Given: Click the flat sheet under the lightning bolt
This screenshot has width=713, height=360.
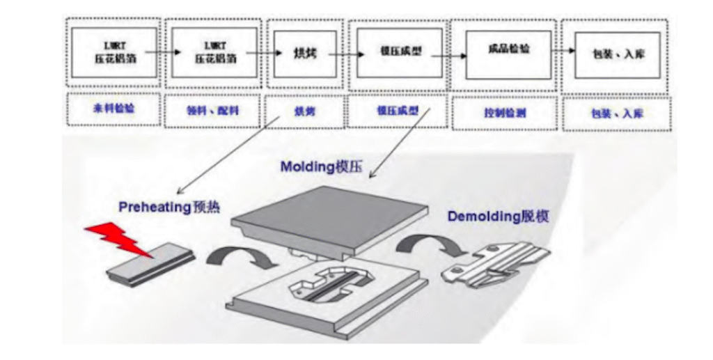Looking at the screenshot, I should tap(149, 267).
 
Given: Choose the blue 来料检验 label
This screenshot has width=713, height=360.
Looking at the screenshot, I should tap(114, 109).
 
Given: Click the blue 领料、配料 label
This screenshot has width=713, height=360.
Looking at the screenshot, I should tap(212, 109).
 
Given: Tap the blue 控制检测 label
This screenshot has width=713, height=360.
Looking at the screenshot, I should tap(501, 111).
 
